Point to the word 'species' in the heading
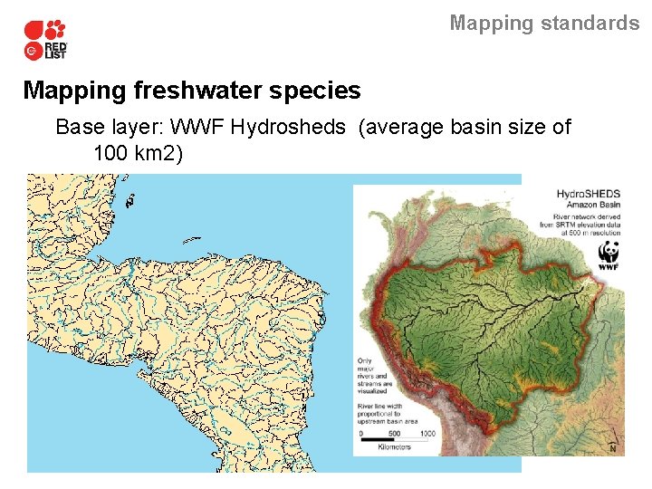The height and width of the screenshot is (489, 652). [x=321, y=91]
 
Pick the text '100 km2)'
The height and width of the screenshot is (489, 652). [x=138, y=153]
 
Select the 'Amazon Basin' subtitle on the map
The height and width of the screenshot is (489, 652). [x=589, y=206]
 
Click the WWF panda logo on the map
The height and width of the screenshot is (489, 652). [x=608, y=254]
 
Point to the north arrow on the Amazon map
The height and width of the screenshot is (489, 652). [x=612, y=446]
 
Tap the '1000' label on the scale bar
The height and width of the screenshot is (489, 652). [x=427, y=433]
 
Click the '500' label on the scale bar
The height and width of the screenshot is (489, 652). [x=394, y=433]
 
